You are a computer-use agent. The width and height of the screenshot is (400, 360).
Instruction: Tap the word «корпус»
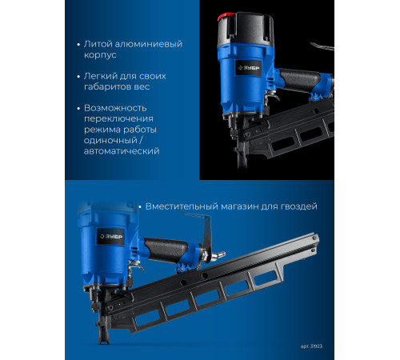pyautogui.click(x=100, y=55)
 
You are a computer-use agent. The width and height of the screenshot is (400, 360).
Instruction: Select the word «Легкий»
pyautogui.click(x=101, y=76)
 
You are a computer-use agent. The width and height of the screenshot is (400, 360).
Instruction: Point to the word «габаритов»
pyautogui.click(x=105, y=86)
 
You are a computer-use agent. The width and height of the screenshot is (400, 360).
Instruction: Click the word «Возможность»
pyautogui.click(x=115, y=108)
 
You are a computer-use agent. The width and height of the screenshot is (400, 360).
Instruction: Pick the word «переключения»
pyautogui.click(x=118, y=119)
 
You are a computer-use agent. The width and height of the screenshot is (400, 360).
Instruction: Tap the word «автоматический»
pyautogui.click(x=122, y=151)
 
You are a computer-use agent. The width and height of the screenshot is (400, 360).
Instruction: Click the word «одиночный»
pyautogui.click(x=110, y=140)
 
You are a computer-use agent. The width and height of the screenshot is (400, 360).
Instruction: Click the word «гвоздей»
pyautogui.click(x=299, y=206)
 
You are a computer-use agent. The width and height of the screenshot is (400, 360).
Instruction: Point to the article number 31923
pyautogui.click(x=316, y=346)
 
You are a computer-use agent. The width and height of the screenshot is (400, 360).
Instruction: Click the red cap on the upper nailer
pyautogui.click(x=226, y=17)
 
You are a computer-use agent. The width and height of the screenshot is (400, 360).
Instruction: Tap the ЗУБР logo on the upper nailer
pyautogui.click(x=249, y=68)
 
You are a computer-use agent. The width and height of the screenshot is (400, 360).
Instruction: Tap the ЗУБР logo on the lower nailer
pyautogui.click(x=110, y=237)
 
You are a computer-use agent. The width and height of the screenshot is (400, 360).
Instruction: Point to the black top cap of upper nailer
pyautogui.click(x=246, y=29)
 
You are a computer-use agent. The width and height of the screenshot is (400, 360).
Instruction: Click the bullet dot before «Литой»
pyautogui.click(x=78, y=45)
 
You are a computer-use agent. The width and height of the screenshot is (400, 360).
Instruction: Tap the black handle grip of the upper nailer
pyautogui.click(x=300, y=80)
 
